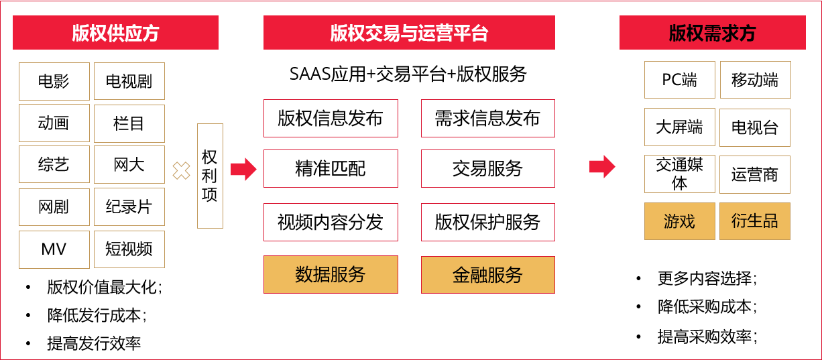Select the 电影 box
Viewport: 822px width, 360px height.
click(54, 81)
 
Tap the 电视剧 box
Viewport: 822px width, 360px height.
click(129, 81)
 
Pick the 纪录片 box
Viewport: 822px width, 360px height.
click(129, 206)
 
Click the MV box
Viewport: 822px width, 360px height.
click(54, 249)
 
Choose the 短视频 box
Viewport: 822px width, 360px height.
click(129, 249)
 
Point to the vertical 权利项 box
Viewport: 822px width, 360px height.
click(209, 176)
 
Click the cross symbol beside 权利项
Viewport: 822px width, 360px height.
click(181, 170)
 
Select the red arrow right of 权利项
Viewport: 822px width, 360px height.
click(243, 170)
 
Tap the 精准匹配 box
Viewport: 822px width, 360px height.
click(331, 168)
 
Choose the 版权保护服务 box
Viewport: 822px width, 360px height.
click(487, 222)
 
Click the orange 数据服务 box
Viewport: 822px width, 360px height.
click(331, 274)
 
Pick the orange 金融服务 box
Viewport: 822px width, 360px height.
click(487, 274)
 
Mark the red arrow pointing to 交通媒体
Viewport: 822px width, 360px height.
click(602, 166)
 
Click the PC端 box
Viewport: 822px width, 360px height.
click(679, 80)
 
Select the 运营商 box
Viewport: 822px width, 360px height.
click(754, 175)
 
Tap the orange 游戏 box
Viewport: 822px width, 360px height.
click(679, 221)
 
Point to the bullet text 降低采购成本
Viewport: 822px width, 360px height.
click(707, 307)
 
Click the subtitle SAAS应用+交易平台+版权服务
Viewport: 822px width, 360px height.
click(408, 74)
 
